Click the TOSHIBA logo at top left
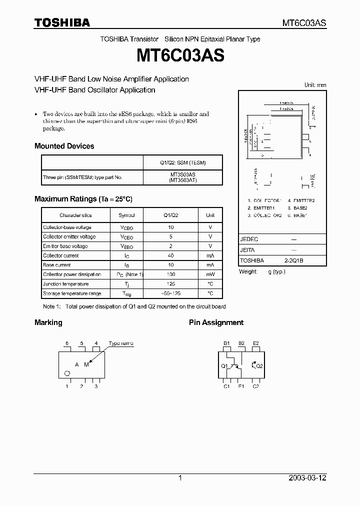coord(62,22)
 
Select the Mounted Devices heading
coord(64,146)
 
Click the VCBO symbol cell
coord(126,227)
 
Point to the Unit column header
coord(210,215)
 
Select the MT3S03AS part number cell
coord(182,174)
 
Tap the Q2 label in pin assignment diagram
coord(259,366)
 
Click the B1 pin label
coord(226,343)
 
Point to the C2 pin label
coord(255,386)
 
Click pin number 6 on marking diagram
coord(66,343)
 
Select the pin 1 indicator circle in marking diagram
coord(67,374)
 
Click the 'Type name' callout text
coord(121,343)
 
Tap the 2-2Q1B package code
coord(294,260)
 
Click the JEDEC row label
coord(249,239)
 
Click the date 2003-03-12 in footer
coord(307,478)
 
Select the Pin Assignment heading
coord(216,322)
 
